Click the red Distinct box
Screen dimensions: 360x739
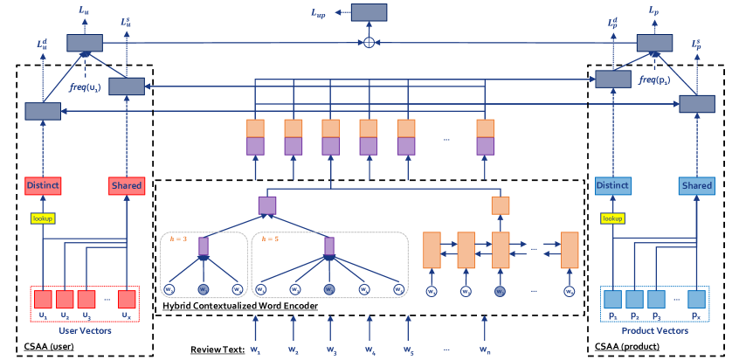(42, 185)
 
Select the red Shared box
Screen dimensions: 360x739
(126, 185)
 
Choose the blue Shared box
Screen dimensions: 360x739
(697, 185)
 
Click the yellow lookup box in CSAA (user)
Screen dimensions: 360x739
(42, 219)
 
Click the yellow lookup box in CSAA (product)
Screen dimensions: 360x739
(612, 219)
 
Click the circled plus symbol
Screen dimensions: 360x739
(369, 42)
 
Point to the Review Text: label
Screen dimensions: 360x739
(216, 350)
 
